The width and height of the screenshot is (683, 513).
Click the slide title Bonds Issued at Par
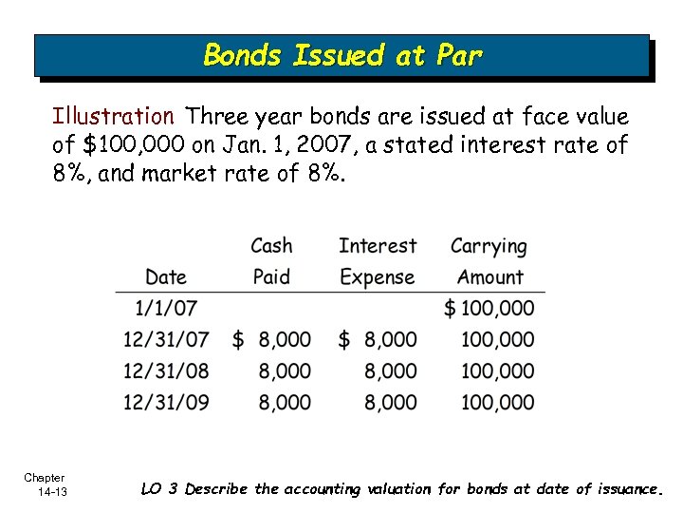(x=342, y=55)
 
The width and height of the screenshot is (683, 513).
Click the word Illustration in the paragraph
(x=113, y=117)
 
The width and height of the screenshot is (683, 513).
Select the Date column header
(x=166, y=277)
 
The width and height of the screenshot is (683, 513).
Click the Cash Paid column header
(x=271, y=261)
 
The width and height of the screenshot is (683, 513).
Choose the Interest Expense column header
(x=377, y=261)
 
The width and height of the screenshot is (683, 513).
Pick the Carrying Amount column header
(x=489, y=261)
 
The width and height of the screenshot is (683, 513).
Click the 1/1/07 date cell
(x=166, y=309)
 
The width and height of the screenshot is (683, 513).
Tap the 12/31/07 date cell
(x=166, y=340)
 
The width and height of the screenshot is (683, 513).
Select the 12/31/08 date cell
(x=166, y=371)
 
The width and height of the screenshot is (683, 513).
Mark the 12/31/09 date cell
(x=166, y=403)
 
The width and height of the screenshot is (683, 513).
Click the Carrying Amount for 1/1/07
(x=489, y=309)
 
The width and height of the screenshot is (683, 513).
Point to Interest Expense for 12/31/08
(x=390, y=371)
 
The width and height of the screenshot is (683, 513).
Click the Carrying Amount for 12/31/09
(x=498, y=403)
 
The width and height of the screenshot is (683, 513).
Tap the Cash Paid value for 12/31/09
(x=285, y=403)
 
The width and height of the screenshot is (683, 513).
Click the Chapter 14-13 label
(x=46, y=484)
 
